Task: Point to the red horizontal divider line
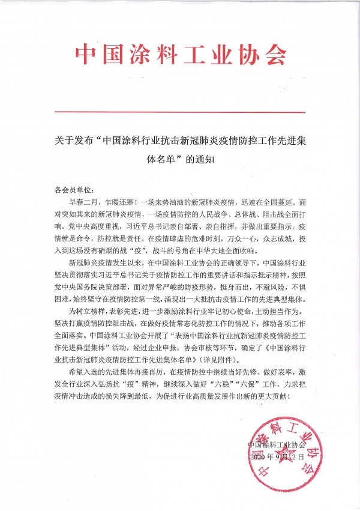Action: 179,112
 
